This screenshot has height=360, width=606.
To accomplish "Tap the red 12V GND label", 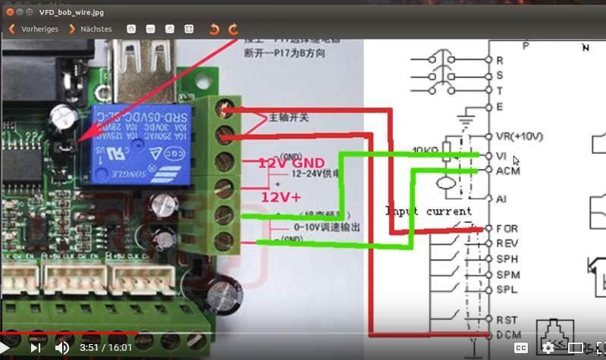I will (292, 164).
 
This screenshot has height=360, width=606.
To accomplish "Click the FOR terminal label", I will (507, 228).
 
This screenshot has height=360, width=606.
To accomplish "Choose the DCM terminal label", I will (507, 334).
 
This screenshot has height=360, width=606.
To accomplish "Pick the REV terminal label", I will (507, 243).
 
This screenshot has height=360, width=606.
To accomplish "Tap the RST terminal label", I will (506, 320).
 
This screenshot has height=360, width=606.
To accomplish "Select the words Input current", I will (428, 211).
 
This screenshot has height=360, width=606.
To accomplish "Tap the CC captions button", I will (521, 348).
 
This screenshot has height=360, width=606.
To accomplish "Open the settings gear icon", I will (548, 348).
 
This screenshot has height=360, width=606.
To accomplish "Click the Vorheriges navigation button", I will (34, 29).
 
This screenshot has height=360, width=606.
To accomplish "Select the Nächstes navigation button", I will (90, 29).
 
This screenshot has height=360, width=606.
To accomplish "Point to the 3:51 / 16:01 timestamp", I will (105, 348).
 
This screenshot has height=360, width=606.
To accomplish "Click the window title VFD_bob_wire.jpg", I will (61, 12).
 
